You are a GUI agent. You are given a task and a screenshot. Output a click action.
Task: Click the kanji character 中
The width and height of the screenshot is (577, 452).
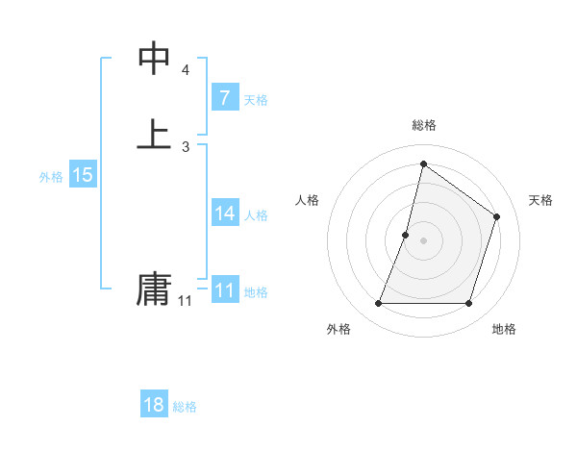tap(155, 60)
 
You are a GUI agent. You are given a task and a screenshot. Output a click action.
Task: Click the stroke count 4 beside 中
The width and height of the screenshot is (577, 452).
tap(185, 71)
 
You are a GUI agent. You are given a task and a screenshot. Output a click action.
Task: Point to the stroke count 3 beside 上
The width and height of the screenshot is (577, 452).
tap(185, 146)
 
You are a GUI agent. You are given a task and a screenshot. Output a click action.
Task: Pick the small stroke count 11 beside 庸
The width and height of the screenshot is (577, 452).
tap(185, 301)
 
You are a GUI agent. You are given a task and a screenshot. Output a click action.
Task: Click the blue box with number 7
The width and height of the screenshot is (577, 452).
tap(224, 97)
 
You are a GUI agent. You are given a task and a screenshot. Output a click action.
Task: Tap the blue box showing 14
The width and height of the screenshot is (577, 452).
tap(224, 213)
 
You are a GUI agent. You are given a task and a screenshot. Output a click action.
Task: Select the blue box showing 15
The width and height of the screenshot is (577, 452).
tap(82, 175)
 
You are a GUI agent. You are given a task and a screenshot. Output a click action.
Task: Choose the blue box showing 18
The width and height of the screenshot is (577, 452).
tap(153, 405)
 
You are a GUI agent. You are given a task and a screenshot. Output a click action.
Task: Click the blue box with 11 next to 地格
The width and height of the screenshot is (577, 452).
tap(224, 290)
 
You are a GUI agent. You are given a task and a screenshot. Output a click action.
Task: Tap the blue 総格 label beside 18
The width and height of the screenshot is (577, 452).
tap(185, 407)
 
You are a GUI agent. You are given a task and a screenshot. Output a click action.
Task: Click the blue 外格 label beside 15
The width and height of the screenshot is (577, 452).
tap(50, 177)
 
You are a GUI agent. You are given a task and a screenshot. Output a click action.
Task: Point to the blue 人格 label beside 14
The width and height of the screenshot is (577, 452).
tap(256, 215)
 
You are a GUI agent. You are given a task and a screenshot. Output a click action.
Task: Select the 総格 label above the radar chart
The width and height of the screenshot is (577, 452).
tap(423, 125)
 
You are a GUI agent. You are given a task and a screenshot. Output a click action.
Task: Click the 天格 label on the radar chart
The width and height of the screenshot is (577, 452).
tap(540, 200)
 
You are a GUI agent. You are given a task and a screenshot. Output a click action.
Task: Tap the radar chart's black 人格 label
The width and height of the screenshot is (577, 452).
tap(307, 200)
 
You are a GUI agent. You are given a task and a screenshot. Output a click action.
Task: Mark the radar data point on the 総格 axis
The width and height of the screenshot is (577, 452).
tap(423, 163)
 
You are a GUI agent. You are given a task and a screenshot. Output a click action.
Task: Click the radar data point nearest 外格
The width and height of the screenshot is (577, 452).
tap(378, 304)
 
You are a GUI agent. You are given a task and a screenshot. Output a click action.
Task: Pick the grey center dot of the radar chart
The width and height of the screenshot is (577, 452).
tap(423, 240)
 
